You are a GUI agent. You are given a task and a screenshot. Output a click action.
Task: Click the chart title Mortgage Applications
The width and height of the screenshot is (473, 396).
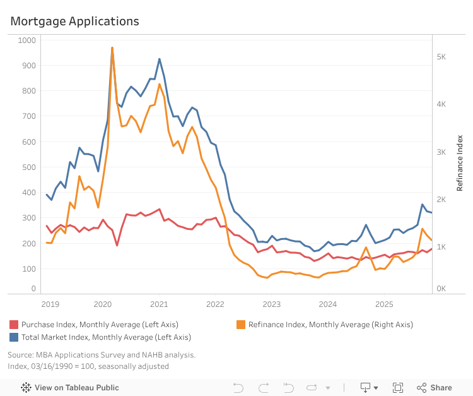74,21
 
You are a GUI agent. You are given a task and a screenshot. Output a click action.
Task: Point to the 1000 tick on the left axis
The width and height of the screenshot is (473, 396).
27,40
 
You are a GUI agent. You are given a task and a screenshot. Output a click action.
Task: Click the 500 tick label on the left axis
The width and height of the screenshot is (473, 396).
29,167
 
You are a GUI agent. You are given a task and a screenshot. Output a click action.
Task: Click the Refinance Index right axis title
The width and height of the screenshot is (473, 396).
460,162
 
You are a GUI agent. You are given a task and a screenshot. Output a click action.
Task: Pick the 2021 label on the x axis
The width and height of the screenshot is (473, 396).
158,304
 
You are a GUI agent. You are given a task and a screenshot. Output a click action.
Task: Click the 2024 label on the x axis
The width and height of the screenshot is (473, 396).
327,304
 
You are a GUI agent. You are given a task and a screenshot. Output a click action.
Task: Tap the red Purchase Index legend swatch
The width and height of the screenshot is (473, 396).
13,325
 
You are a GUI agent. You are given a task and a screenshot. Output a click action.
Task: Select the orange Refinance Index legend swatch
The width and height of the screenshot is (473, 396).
240,325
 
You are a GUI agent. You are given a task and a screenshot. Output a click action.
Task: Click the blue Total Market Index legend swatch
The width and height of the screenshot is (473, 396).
13,337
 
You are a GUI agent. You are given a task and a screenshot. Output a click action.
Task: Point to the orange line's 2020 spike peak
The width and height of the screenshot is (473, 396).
112,47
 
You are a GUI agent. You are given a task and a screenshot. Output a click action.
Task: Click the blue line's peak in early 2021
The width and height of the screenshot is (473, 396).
159,59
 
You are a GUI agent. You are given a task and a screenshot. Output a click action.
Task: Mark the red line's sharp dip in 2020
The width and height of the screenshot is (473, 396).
117,245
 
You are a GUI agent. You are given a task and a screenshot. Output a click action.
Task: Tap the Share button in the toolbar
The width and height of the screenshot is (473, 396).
435,387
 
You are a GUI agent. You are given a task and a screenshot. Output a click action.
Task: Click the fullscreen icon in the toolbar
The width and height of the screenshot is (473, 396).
398,387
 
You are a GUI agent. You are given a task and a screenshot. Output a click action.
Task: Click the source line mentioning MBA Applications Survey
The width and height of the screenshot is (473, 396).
102,354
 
